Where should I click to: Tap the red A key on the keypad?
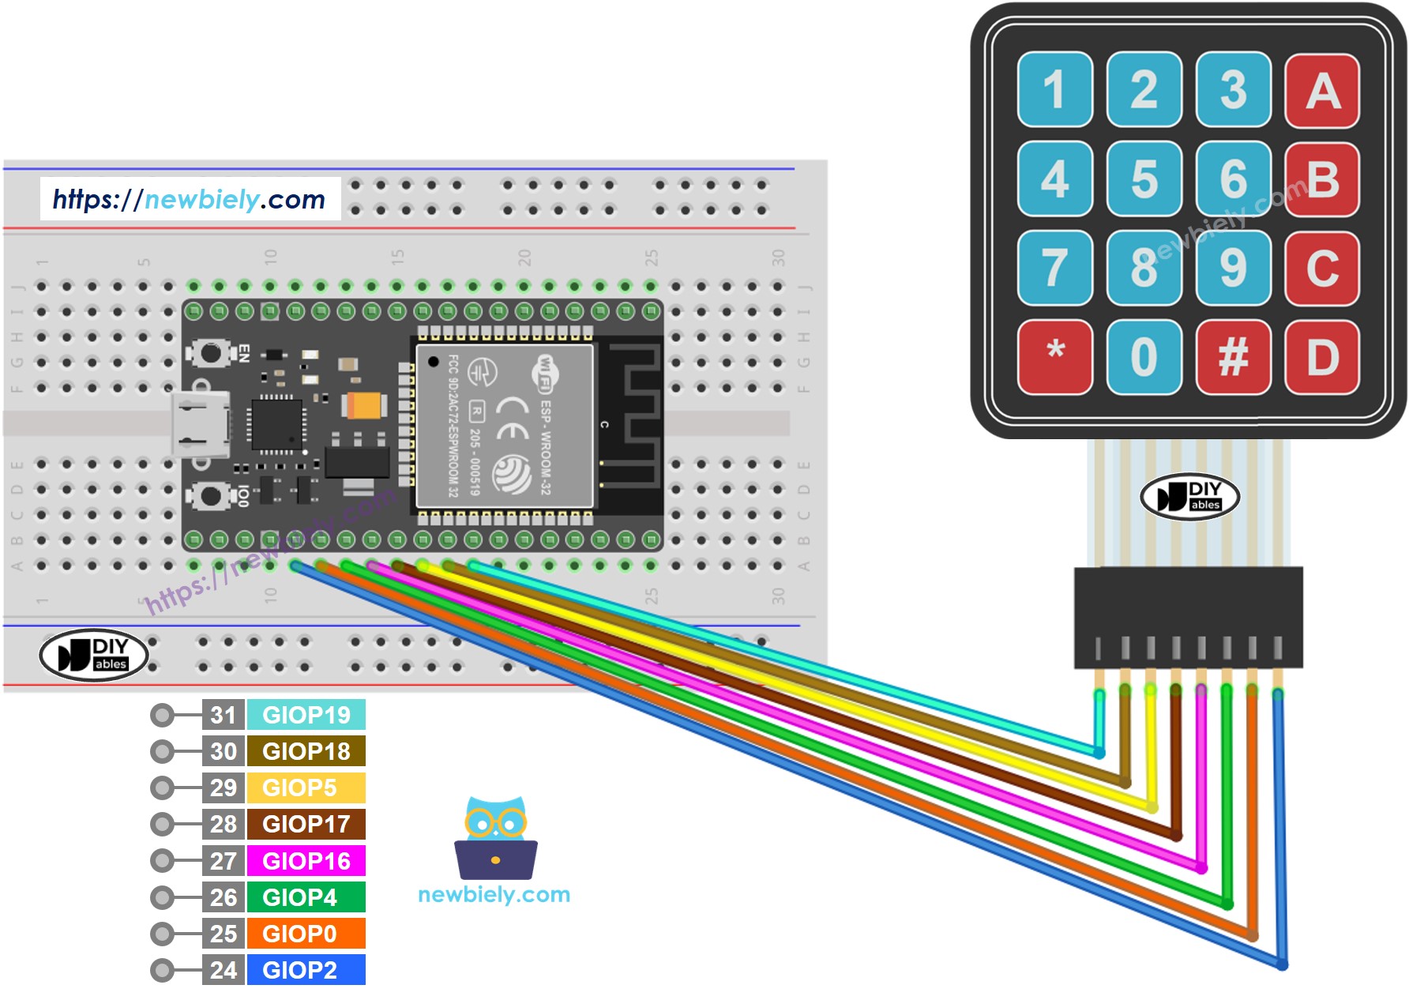click(x=1322, y=90)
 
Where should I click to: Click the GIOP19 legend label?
click(x=306, y=715)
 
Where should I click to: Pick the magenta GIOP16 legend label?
click(x=306, y=861)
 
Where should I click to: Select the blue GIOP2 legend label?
click(x=306, y=970)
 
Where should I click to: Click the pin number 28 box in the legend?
click(x=224, y=825)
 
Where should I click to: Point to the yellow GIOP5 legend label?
click(x=306, y=788)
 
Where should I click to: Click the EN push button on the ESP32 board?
click(x=211, y=352)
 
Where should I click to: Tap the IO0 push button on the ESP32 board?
click(x=211, y=496)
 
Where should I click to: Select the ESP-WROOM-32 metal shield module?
click(x=504, y=426)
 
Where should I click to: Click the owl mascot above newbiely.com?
click(x=496, y=839)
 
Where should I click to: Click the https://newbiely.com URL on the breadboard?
click(x=190, y=199)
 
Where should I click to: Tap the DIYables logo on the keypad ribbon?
click(x=1189, y=497)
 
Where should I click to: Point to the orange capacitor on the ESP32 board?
click(x=364, y=406)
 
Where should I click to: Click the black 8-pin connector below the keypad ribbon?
click(x=1188, y=618)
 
